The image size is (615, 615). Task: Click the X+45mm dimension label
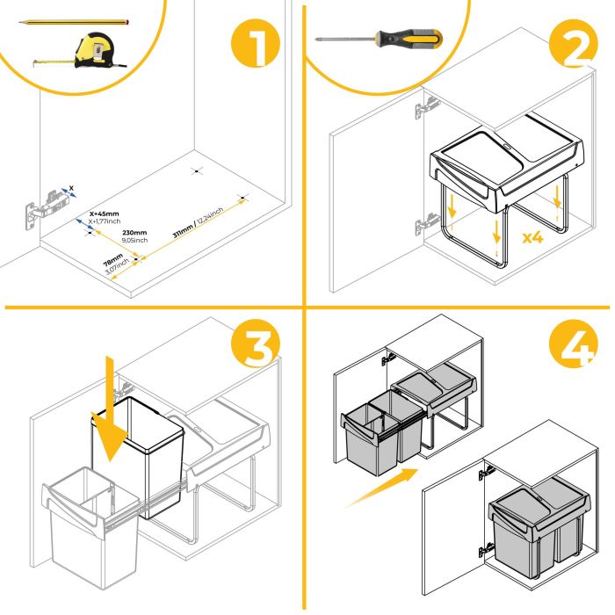tap(105, 213)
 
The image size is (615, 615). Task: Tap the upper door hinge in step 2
tap(426, 107)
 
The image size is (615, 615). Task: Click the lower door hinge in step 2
tap(425, 223)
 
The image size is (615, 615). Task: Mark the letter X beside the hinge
tap(71, 186)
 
